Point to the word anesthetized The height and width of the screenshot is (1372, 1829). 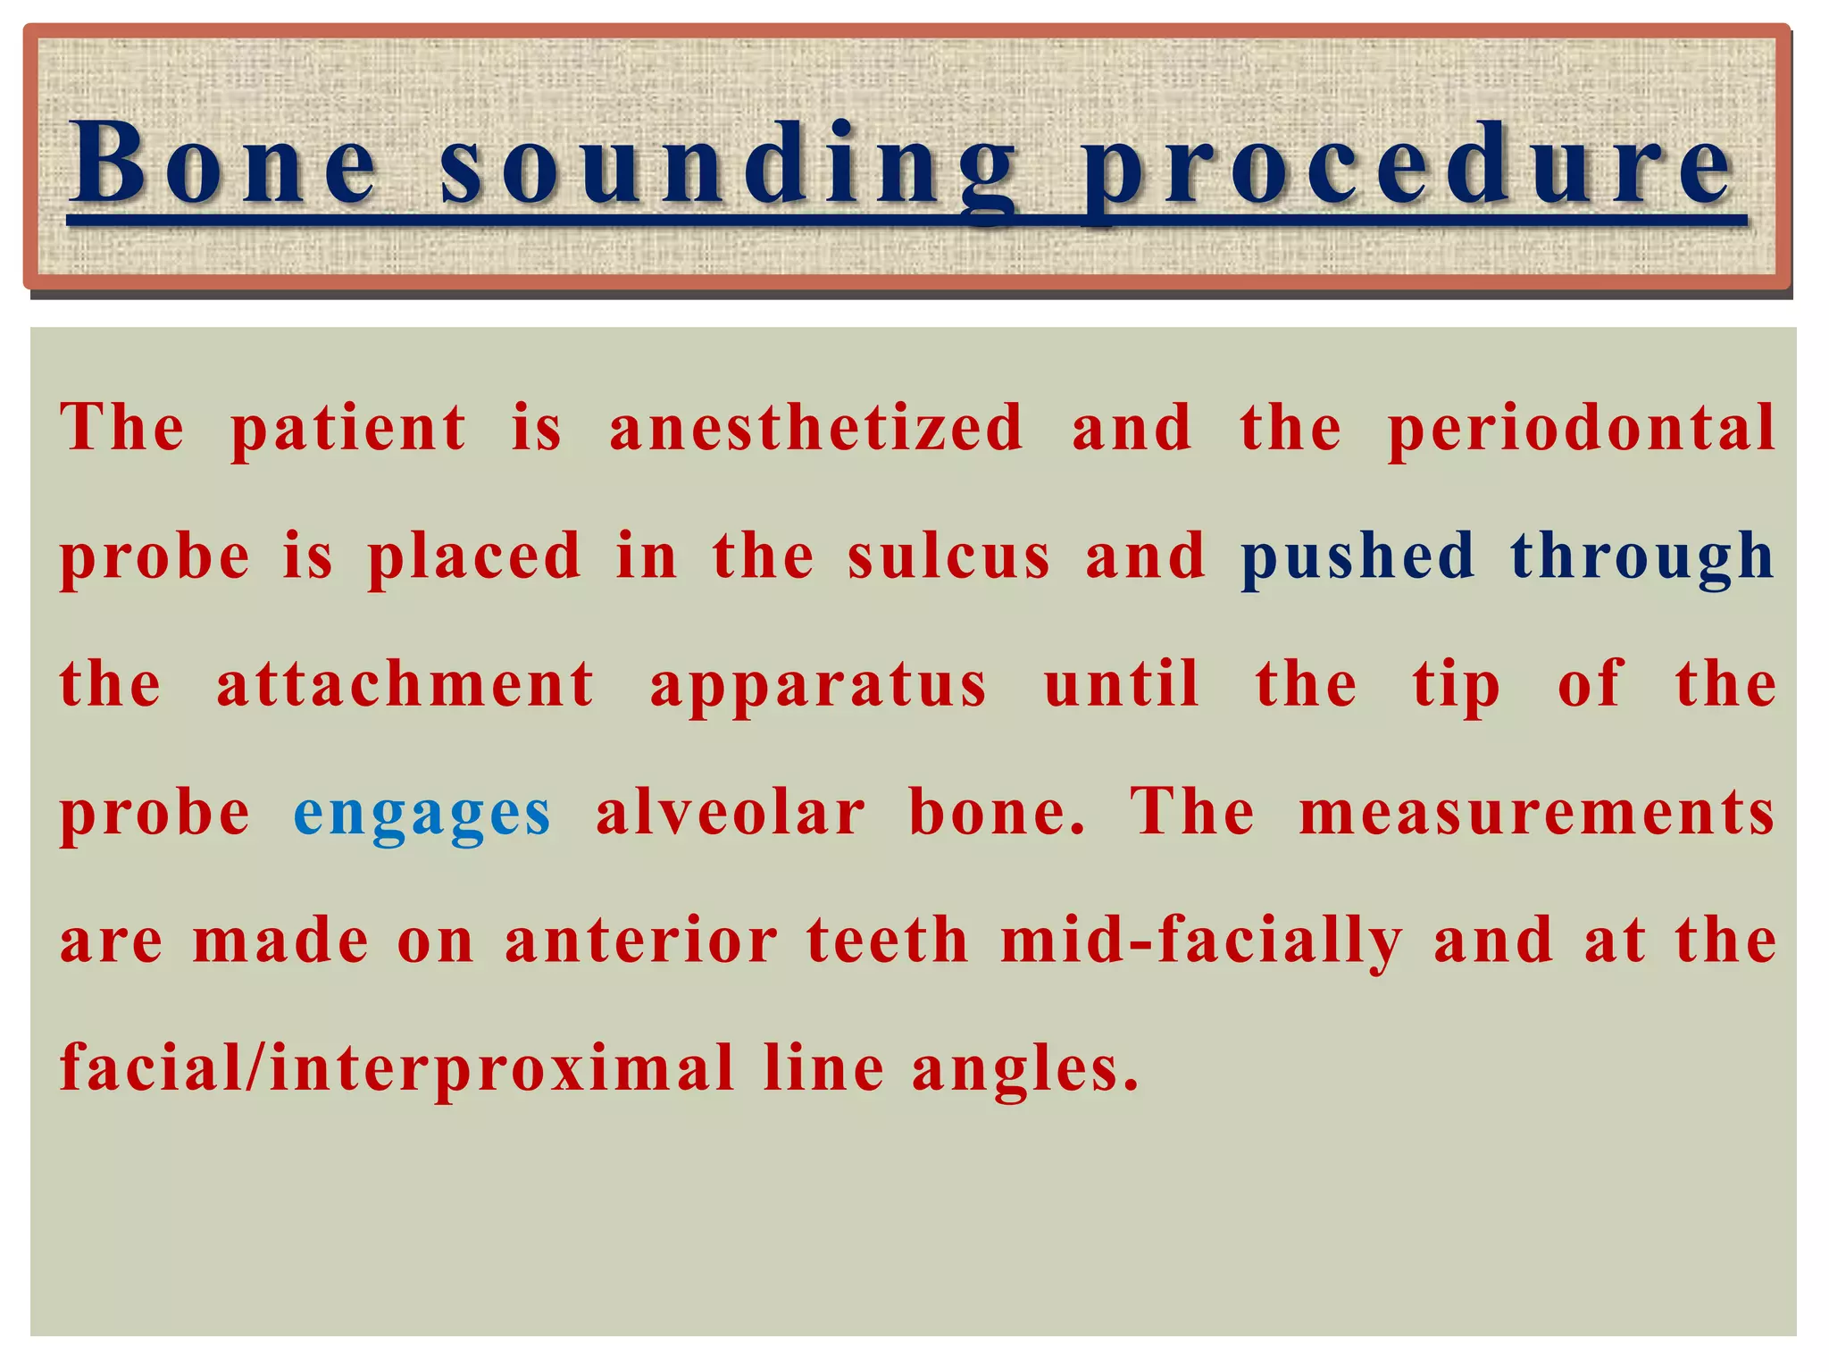click(815, 427)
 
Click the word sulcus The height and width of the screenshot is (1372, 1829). click(949, 556)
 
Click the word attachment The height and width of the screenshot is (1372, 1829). click(405, 685)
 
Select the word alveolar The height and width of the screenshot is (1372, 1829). click(731, 813)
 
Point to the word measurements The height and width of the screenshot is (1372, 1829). click(1537, 814)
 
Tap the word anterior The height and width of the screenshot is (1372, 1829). click(641, 941)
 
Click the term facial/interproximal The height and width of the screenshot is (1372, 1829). click(397, 1070)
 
